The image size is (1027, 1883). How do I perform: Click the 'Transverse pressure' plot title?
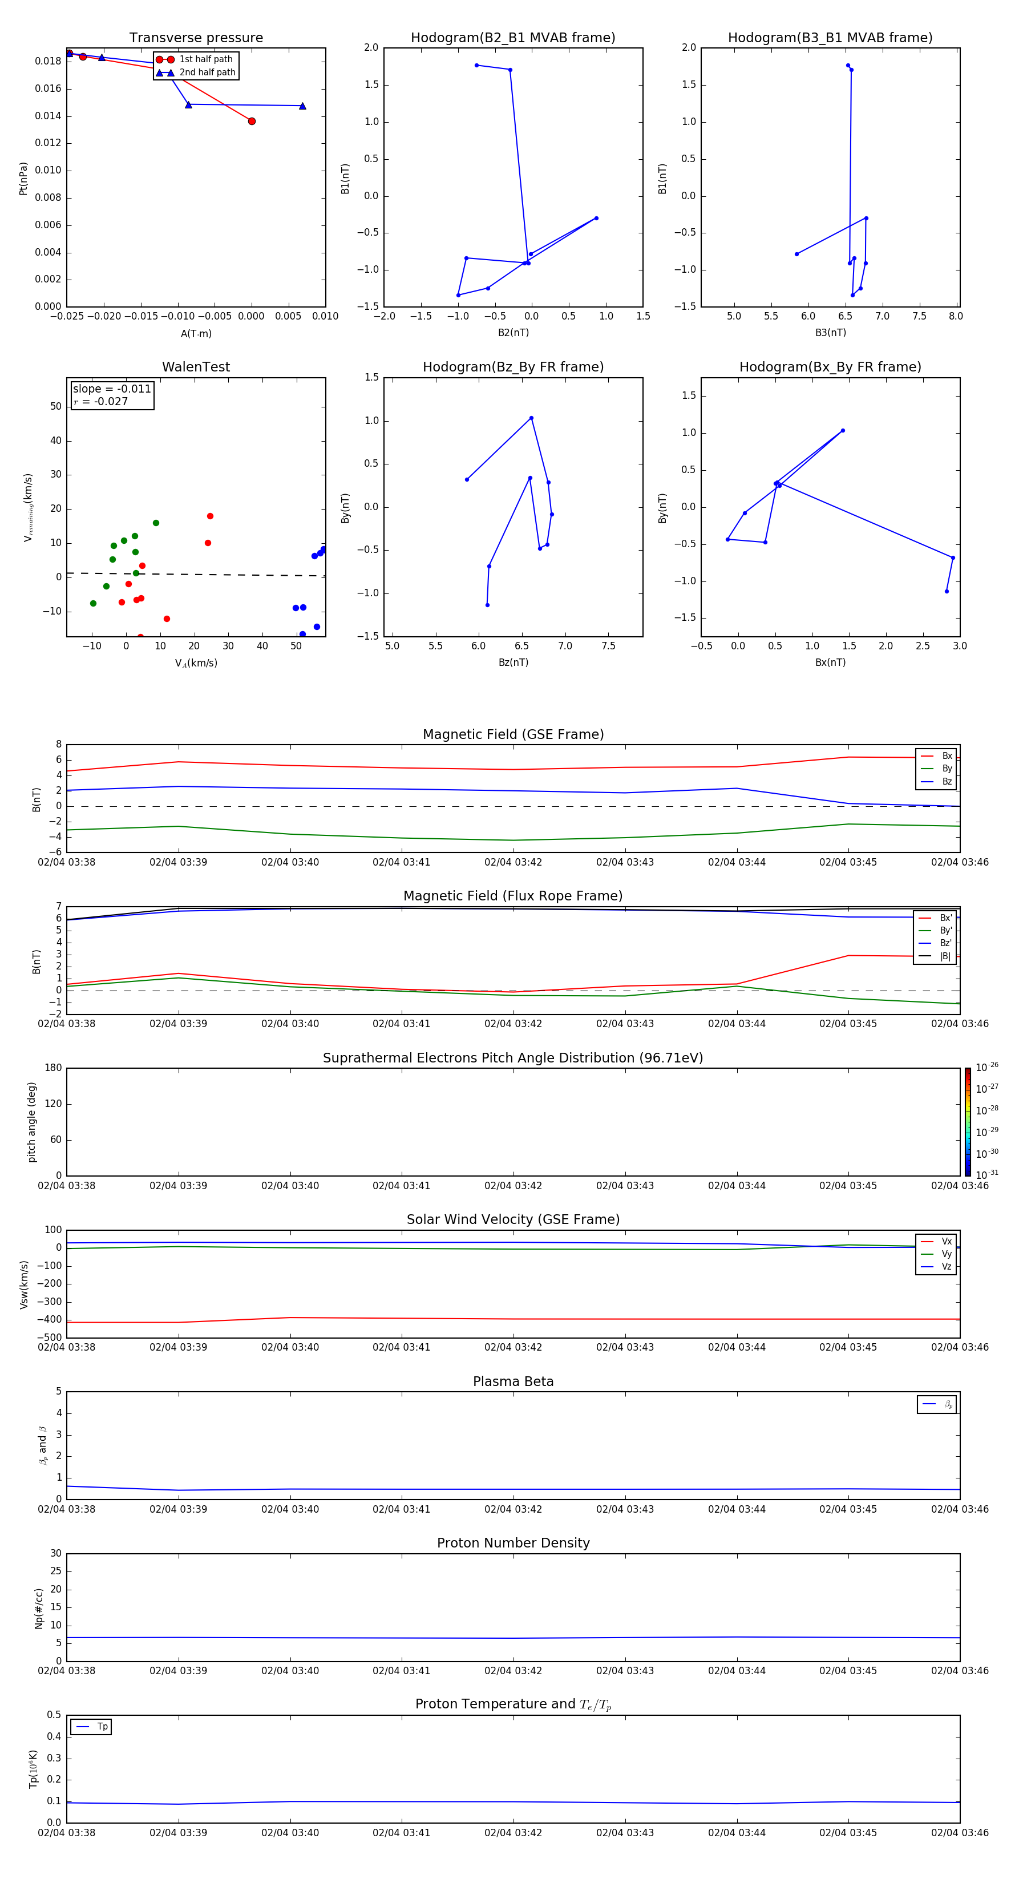pos(196,38)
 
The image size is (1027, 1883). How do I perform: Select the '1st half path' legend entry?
pos(205,59)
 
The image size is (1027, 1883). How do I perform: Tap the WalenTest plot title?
pos(196,367)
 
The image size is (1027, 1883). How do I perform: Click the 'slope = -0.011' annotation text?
pos(112,389)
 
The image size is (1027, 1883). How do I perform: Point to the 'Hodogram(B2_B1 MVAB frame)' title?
pos(512,38)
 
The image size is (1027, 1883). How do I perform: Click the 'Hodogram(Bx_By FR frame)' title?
pos(830,367)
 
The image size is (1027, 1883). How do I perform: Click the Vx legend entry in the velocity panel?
pos(946,1241)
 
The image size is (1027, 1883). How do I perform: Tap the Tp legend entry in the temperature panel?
pos(102,1727)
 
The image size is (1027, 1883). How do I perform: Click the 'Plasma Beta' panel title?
pos(513,1381)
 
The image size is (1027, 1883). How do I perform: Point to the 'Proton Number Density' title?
pos(513,1543)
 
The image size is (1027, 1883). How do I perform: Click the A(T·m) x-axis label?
pos(196,334)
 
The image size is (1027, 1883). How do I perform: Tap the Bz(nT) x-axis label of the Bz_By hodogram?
pos(513,662)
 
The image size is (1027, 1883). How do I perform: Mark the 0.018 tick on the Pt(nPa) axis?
pos(48,62)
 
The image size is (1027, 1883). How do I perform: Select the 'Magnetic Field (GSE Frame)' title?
pos(513,734)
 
